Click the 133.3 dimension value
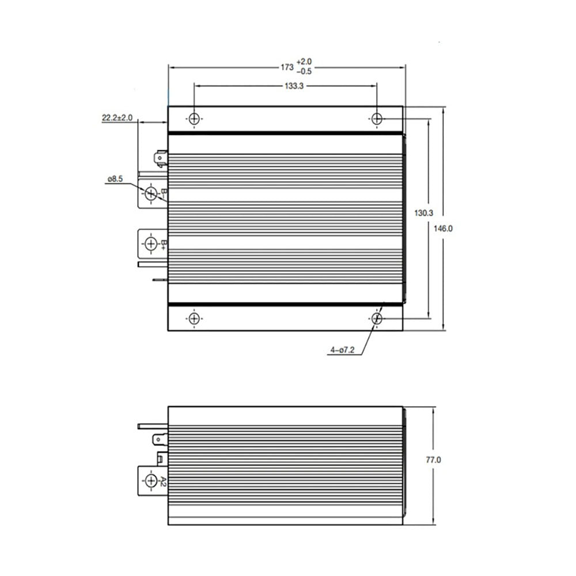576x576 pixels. coord(294,86)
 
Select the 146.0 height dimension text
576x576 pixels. coord(443,229)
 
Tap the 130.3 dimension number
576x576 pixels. coord(423,213)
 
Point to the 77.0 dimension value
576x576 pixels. coord(434,460)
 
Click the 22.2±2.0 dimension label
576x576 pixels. coord(117,118)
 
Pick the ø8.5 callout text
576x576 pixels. coord(115,179)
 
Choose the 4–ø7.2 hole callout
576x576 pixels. coord(342,350)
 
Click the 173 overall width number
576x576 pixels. coord(287,67)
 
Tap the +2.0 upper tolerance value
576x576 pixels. coord(304,62)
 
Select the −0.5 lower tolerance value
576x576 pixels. coord(304,71)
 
